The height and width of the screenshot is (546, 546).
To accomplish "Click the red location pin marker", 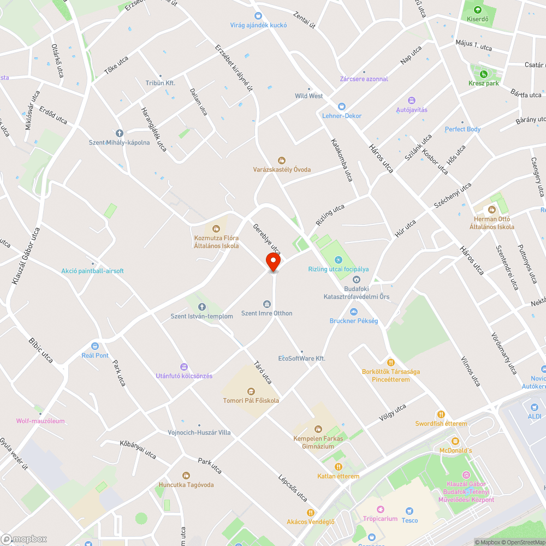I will pos(273,262).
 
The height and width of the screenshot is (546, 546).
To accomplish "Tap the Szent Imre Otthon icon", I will pos(267,304).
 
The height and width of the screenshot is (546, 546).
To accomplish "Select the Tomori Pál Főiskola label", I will pos(251,400).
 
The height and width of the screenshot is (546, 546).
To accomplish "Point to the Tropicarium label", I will pos(381,519).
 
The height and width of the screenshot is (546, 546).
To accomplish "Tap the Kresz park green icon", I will pos(483,74).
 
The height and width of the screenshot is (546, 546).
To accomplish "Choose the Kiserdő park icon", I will pos(478,9).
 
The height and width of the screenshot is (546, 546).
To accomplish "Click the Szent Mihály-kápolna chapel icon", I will pos(120,133).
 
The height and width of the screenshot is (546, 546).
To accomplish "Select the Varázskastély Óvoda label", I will pos(282,169).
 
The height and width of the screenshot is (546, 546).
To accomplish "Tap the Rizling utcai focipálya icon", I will pos(339,260).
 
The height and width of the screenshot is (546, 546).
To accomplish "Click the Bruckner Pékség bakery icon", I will pos(353,312).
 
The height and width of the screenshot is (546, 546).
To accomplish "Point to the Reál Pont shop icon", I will pos(95,346).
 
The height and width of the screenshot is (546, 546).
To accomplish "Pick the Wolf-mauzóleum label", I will pos(40,421).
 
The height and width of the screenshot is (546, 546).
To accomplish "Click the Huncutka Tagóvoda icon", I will pos(186,476).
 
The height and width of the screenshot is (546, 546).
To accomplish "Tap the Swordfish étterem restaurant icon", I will pos(441,414).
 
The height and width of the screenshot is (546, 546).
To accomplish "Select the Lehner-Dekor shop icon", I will pos(342,106).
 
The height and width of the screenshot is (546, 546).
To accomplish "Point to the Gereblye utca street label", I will pos(266,239).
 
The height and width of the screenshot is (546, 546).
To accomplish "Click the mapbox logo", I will pos(25,539).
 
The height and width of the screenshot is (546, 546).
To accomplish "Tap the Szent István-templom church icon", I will pos(201,307).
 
